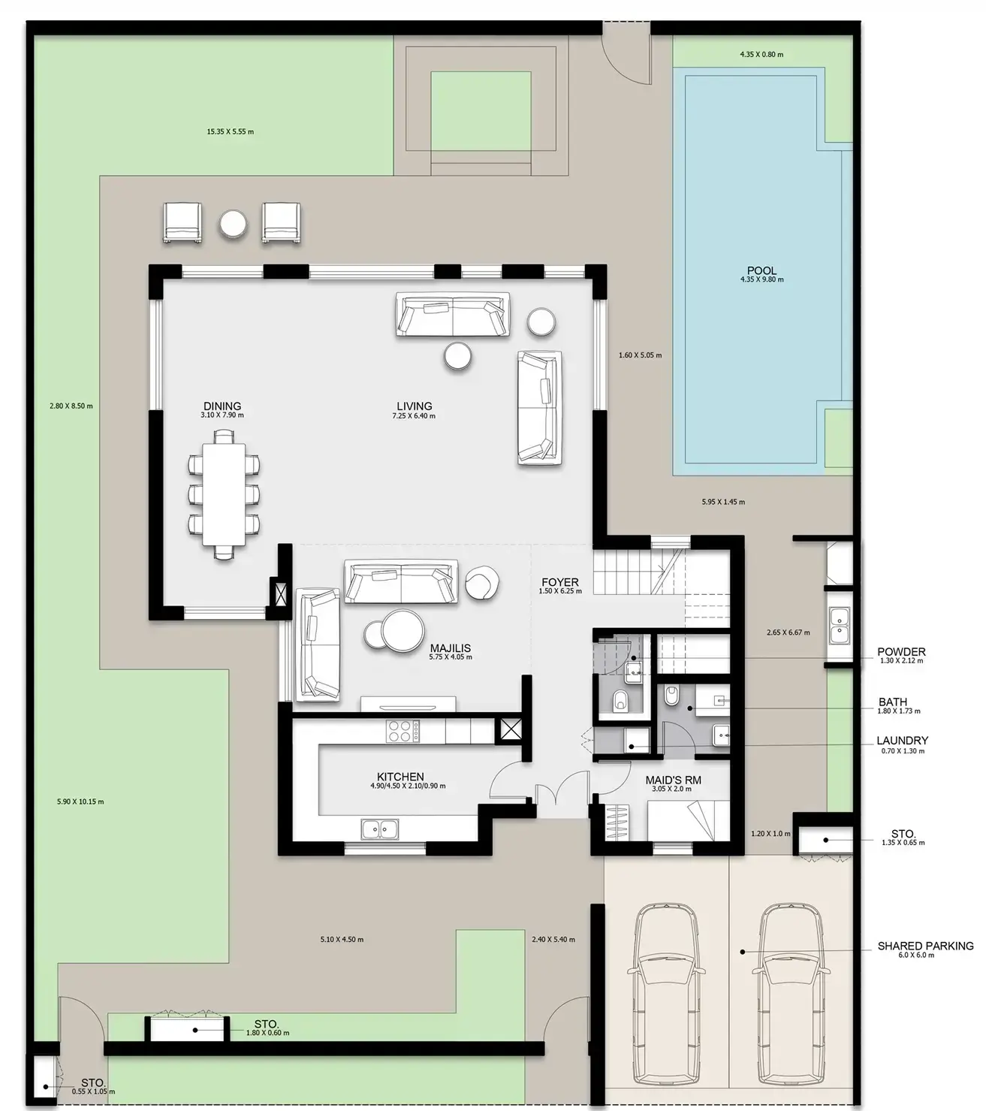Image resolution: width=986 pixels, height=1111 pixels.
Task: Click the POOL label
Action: coord(761,270)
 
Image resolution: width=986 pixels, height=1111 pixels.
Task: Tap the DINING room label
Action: coord(222,406)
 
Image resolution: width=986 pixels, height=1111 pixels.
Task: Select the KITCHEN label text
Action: coord(400,777)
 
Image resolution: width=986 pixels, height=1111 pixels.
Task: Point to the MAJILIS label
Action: coord(451,648)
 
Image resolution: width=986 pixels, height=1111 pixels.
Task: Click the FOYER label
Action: coord(560,582)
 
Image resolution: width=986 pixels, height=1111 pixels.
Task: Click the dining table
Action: coord(224,494)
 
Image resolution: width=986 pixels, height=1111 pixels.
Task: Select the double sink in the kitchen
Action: coord(379,828)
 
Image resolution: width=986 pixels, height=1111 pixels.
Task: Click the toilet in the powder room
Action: coord(621,699)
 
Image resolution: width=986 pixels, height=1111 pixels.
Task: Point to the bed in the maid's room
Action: coord(688,820)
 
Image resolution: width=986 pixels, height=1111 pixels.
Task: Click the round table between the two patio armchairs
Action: coord(233,225)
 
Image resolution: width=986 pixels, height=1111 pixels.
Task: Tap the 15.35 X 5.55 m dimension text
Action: coord(231,131)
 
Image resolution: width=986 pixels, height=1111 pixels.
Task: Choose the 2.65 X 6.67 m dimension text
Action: coord(788,632)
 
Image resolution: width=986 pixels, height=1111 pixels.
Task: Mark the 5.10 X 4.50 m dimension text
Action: coord(342,940)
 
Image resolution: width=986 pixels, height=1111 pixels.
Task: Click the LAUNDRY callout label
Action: coord(902,741)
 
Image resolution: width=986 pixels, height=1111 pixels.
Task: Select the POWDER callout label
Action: coord(902,651)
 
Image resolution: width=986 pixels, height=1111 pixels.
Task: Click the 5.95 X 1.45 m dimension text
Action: coord(723,502)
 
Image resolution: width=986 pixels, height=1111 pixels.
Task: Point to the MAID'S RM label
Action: coord(673,780)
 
